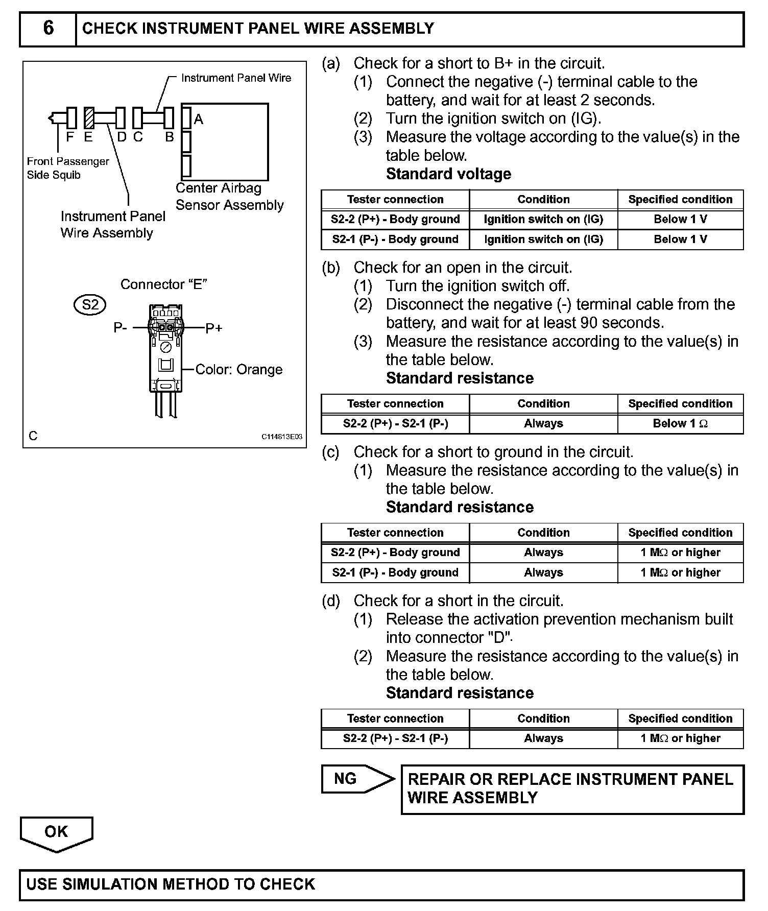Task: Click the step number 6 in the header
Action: click(48, 29)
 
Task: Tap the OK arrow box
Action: click(56, 832)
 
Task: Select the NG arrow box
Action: click(352, 779)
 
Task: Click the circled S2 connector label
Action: click(90, 305)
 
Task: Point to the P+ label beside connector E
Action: click(214, 328)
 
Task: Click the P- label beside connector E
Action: click(121, 328)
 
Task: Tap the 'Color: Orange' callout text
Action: click(238, 369)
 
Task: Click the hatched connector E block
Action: click(89, 118)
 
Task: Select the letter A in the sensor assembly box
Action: click(199, 119)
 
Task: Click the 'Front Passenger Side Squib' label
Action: click(68, 168)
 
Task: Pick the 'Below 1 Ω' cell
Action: click(680, 424)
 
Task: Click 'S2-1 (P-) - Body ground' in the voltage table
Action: click(395, 239)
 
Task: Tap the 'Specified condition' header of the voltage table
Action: click(680, 200)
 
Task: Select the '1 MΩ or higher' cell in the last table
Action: click(680, 738)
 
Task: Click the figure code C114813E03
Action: click(282, 437)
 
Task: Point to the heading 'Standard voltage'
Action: click(448, 174)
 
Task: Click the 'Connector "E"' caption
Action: click(163, 284)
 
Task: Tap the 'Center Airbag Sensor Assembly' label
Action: click(229, 197)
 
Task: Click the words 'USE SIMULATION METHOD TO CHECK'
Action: click(171, 884)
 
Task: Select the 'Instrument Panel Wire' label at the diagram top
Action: click(236, 78)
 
